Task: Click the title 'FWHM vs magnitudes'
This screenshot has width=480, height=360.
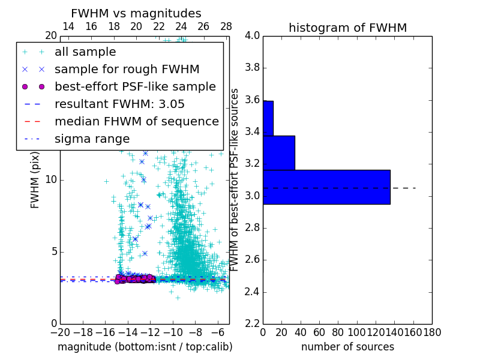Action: pos(136,13)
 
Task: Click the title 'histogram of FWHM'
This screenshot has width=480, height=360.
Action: pos(347,28)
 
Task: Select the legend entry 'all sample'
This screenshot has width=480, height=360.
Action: pos(85,52)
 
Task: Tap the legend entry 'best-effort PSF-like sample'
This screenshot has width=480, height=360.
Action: pos(135,86)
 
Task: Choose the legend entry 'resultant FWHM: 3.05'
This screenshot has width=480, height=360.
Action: pos(119,104)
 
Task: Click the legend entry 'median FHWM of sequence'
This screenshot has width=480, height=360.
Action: pos(136,121)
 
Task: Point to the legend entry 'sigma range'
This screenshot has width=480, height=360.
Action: pos(92,139)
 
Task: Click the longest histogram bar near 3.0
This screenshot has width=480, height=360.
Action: pos(326,187)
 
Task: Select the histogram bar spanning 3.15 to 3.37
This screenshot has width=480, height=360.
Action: pos(279,153)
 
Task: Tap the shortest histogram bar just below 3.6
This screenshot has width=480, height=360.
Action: pos(268,118)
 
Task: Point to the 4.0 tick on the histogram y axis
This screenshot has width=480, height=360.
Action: pos(252,36)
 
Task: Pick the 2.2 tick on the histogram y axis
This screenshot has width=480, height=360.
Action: pos(252,324)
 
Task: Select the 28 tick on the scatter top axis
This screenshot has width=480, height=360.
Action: pos(226,26)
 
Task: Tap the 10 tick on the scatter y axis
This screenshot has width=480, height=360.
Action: pos(50,180)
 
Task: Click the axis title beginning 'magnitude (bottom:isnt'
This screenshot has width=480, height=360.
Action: pos(145,347)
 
